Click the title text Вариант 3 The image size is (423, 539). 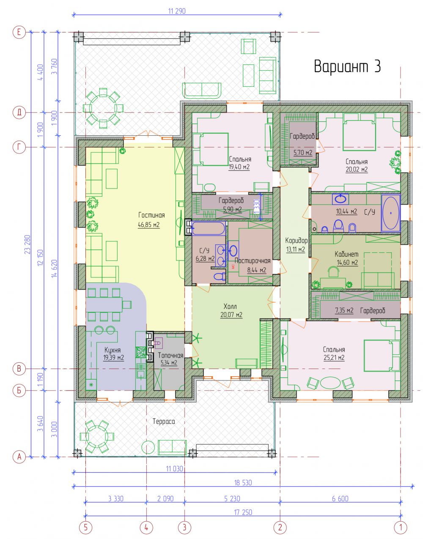point(347,66)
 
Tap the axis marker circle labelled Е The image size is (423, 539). point(19,32)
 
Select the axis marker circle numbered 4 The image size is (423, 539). point(146,527)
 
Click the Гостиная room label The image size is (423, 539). point(151,215)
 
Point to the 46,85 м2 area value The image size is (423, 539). point(148,225)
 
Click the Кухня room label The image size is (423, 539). point(113,350)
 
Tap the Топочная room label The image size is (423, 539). point(171,355)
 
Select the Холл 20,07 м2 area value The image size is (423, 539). point(231,315)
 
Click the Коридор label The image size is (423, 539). point(296,241)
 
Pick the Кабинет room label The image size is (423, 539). point(346,254)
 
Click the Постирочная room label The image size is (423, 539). point(252,261)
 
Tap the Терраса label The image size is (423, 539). point(164,421)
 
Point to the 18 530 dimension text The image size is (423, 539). point(243,482)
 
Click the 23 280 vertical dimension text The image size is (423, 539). point(27,244)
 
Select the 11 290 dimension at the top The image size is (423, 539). point(177,11)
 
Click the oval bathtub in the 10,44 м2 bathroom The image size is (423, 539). point(391,213)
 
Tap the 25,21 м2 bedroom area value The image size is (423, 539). point(334,358)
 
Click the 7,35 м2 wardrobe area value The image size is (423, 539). point(344,310)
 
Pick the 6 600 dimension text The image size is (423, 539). point(340,498)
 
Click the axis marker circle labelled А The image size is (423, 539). point(19,457)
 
